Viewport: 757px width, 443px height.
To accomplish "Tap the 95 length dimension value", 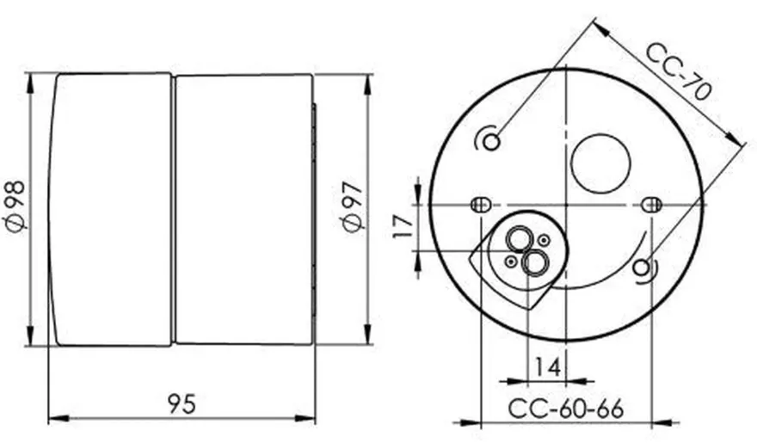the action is pyautogui.click(x=182, y=404).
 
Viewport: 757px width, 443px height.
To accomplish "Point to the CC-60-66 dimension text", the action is pyautogui.click(x=566, y=409).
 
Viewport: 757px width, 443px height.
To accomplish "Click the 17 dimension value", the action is pyautogui.click(x=403, y=226).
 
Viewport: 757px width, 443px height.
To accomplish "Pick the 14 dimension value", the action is pyautogui.click(x=547, y=367).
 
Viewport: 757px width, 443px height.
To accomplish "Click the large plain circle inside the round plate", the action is pyautogui.click(x=600, y=163).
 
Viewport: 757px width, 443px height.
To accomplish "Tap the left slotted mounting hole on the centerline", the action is pyautogui.click(x=481, y=205).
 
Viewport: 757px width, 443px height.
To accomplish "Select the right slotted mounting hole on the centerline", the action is pyautogui.click(x=651, y=205).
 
